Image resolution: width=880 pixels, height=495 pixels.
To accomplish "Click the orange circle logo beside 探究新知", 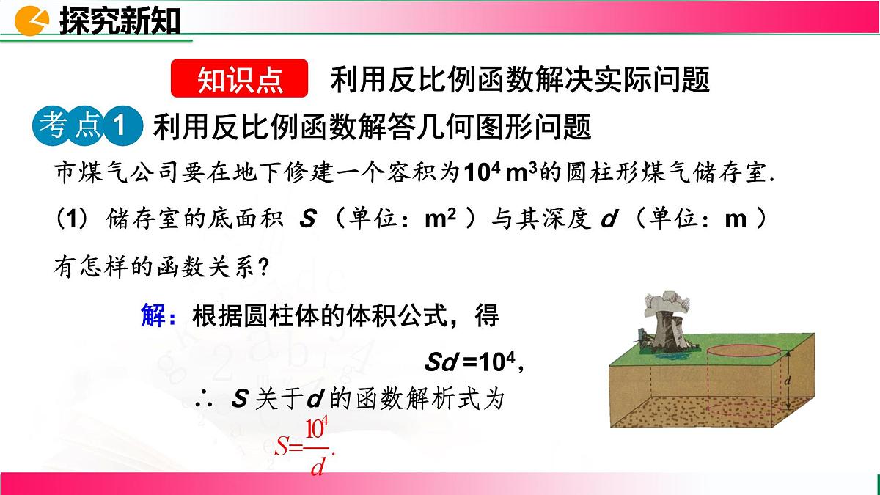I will tap(34, 21).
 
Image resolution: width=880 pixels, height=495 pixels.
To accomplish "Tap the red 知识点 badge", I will tap(240, 79).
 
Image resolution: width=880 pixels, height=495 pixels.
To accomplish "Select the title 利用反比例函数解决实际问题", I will tap(520, 79).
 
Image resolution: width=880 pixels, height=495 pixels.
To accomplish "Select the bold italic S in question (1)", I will tap(308, 220).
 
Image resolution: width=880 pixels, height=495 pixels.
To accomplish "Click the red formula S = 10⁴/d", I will tap(303, 447).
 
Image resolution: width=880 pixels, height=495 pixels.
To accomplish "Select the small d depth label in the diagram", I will tap(786, 381).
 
